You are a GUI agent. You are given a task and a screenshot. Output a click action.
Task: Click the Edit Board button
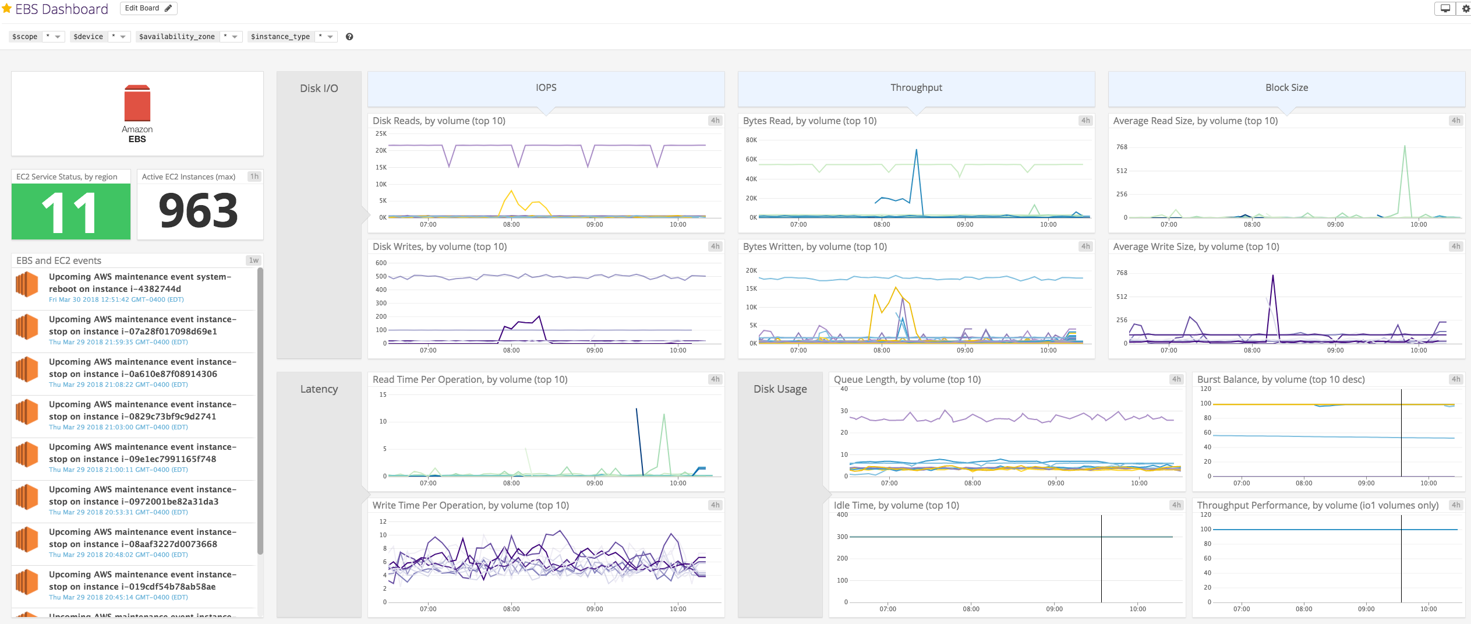click(x=148, y=8)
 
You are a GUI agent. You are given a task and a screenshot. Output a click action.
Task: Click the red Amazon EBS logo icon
click(x=137, y=104)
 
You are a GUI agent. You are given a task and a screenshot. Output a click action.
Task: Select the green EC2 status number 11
click(x=70, y=212)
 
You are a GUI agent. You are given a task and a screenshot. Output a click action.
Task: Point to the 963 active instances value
click(x=199, y=211)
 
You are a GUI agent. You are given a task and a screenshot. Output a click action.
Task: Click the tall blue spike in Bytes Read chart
click(x=916, y=151)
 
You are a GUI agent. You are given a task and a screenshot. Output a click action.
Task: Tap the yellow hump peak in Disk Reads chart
click(x=511, y=191)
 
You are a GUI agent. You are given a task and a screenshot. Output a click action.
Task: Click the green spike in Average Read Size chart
click(x=1405, y=147)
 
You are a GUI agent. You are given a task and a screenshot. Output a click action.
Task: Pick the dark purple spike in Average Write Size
click(x=1272, y=276)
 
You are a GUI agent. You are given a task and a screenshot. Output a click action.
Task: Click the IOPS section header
click(x=546, y=88)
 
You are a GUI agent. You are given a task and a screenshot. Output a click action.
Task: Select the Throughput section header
click(x=916, y=88)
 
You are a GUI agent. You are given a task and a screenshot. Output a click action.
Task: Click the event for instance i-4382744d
click(x=140, y=283)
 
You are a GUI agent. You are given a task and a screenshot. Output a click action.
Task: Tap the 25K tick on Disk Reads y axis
click(x=381, y=134)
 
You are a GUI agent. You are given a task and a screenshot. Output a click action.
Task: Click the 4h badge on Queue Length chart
click(x=1176, y=379)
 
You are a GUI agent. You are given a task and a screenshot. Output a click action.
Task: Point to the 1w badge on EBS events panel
click(x=254, y=260)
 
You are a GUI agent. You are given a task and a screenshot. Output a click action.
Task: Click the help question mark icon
click(x=349, y=37)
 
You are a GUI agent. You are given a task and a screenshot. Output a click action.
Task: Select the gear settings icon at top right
click(x=1466, y=9)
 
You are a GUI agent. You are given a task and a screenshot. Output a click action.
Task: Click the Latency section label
click(x=319, y=389)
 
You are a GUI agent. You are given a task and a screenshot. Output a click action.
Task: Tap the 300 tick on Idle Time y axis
click(x=842, y=537)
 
